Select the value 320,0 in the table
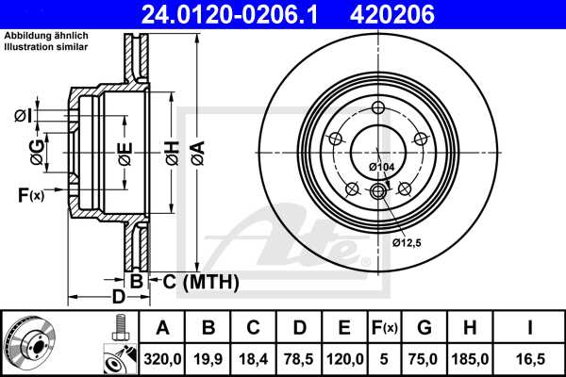point(162,359)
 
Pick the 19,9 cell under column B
point(208,359)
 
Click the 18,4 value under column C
point(254,359)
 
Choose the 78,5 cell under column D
point(299,359)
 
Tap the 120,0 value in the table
point(344,359)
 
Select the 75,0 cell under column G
point(424,359)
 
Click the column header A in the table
point(162,328)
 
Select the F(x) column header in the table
point(385,328)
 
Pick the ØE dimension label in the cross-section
point(124,151)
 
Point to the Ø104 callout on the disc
point(381,167)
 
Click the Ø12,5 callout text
point(407,242)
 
